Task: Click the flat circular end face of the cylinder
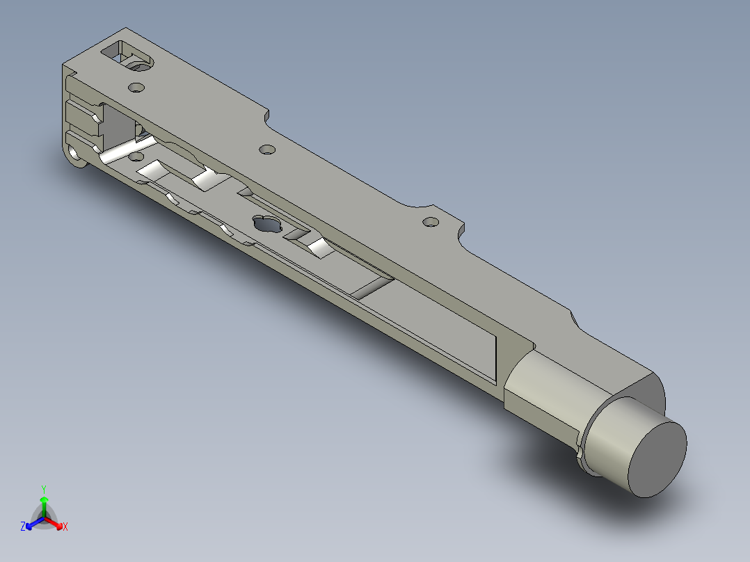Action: click(657, 460)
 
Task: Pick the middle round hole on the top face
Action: click(266, 150)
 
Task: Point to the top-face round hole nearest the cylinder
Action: click(431, 223)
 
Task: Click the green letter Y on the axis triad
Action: click(43, 489)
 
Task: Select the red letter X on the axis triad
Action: click(65, 527)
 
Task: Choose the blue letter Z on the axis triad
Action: click(23, 527)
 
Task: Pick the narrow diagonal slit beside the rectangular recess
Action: click(372, 287)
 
